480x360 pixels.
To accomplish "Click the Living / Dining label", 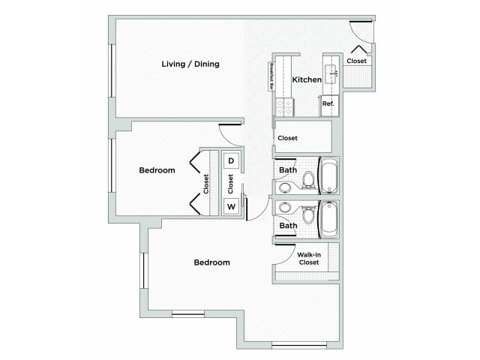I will (190, 64).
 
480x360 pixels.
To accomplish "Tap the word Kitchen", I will (307, 79).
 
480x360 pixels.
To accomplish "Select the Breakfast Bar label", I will (271, 77).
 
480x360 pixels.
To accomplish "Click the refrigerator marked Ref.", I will (328, 105).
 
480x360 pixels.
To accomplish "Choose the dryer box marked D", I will (231, 161).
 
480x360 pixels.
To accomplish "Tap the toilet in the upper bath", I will (307, 177).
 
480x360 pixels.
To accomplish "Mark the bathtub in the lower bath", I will (328, 218).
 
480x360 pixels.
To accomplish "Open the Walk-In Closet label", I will (310, 259).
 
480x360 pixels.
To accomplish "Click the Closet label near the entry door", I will (357, 61).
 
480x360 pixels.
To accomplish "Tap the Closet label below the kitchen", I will (287, 138).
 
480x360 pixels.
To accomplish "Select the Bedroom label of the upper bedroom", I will (157, 170).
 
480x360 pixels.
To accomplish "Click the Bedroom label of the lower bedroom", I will (211, 262).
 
